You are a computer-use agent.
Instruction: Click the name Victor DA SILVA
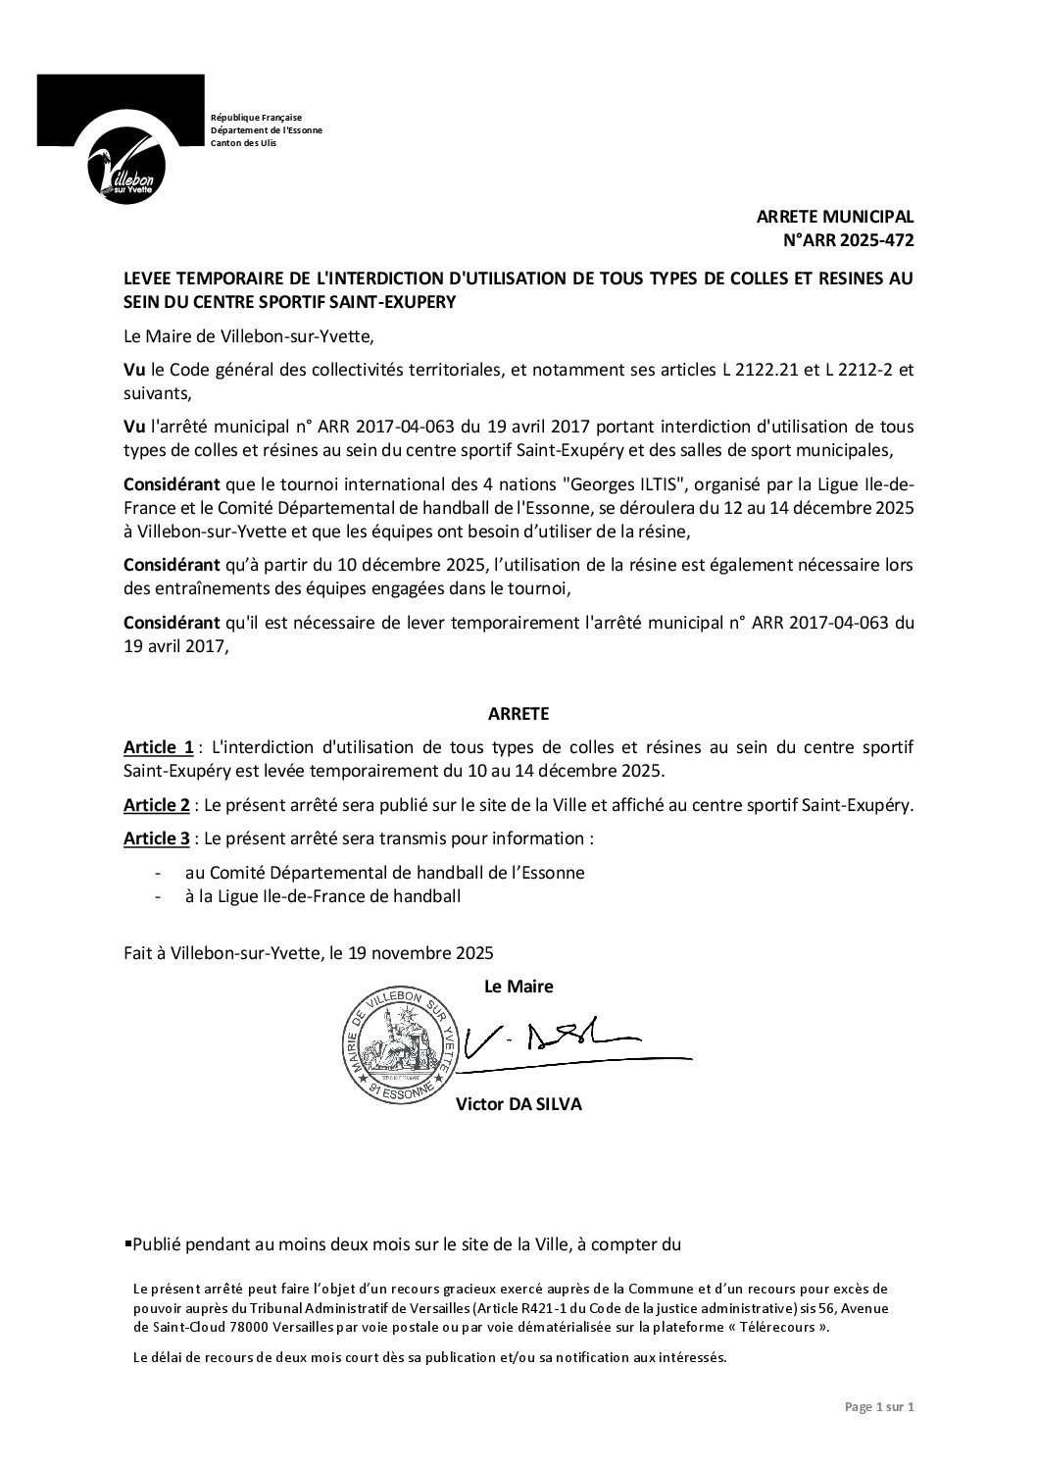pos(518,1104)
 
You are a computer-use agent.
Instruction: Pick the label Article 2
pos(157,805)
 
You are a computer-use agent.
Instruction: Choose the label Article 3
pos(157,839)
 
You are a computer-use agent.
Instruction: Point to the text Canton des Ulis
pos(244,144)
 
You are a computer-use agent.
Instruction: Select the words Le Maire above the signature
pos(518,986)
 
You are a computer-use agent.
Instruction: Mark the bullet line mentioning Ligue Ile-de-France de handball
pos(322,896)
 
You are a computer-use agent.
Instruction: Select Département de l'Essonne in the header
pos(267,130)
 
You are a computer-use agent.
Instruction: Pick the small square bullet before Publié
pos(127,1243)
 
